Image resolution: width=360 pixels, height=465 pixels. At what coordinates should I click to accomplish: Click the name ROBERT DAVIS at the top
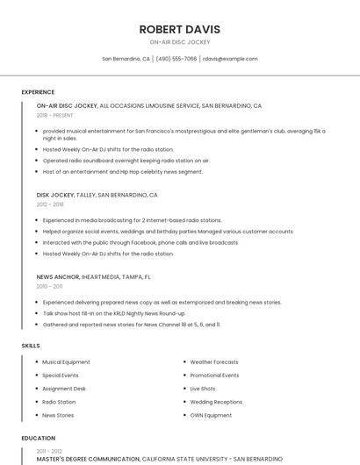[x=179, y=29]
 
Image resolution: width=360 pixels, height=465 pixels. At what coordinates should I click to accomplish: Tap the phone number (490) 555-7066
[x=176, y=59]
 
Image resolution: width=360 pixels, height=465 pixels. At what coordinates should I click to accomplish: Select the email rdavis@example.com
[x=230, y=59]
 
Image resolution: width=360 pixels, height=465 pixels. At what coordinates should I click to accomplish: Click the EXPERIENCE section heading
[x=38, y=92]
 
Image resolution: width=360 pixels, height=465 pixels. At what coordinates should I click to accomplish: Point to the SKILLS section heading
[x=31, y=346]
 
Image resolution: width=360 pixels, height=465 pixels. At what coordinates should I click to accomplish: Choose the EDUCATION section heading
[x=38, y=438]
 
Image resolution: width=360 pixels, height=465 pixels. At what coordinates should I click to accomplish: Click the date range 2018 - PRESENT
[x=54, y=115]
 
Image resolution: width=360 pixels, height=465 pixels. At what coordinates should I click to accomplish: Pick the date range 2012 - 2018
[x=50, y=204]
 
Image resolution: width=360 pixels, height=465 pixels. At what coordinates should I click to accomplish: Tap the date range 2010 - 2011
[x=49, y=286]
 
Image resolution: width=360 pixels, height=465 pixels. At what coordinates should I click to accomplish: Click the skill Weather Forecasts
[x=214, y=361]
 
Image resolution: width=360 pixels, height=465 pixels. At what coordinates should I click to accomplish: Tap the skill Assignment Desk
[x=64, y=389]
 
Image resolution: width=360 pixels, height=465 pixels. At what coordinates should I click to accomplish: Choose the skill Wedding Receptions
[x=216, y=402]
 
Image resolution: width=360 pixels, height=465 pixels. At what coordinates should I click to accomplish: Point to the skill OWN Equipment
[x=211, y=415]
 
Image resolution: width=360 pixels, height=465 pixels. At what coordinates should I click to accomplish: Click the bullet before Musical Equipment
[x=37, y=361]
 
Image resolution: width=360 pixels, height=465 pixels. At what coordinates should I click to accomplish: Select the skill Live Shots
[x=203, y=389]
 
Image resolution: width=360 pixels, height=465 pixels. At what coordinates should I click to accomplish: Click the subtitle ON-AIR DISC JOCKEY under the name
[x=179, y=42]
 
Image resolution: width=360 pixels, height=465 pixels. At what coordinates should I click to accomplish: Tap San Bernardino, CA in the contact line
[x=126, y=59]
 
